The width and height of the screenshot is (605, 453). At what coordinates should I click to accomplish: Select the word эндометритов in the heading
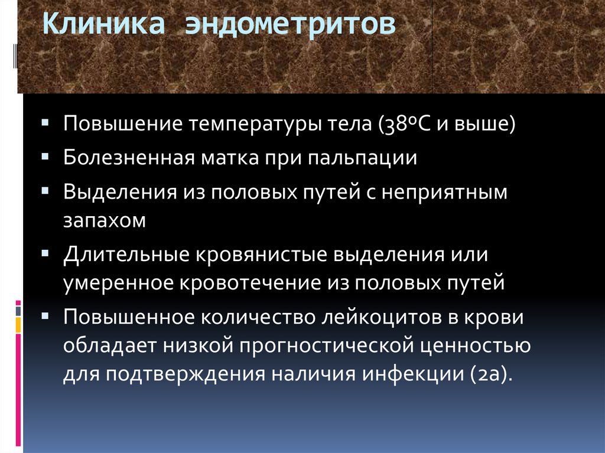tap(290, 24)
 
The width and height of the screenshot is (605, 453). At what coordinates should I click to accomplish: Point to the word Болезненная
tap(129, 158)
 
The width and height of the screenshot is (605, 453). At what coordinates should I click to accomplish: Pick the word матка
tap(230, 158)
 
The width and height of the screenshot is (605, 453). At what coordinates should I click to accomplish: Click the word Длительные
tap(126, 255)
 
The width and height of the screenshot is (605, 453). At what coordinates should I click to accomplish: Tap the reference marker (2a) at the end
tap(492, 374)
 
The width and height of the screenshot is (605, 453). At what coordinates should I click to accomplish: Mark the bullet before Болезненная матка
tap(45, 157)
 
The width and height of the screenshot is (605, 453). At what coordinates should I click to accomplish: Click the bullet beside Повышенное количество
tap(45, 317)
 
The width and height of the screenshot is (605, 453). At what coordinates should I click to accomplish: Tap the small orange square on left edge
tap(18, 325)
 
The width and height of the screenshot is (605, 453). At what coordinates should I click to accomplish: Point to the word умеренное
tap(118, 283)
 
